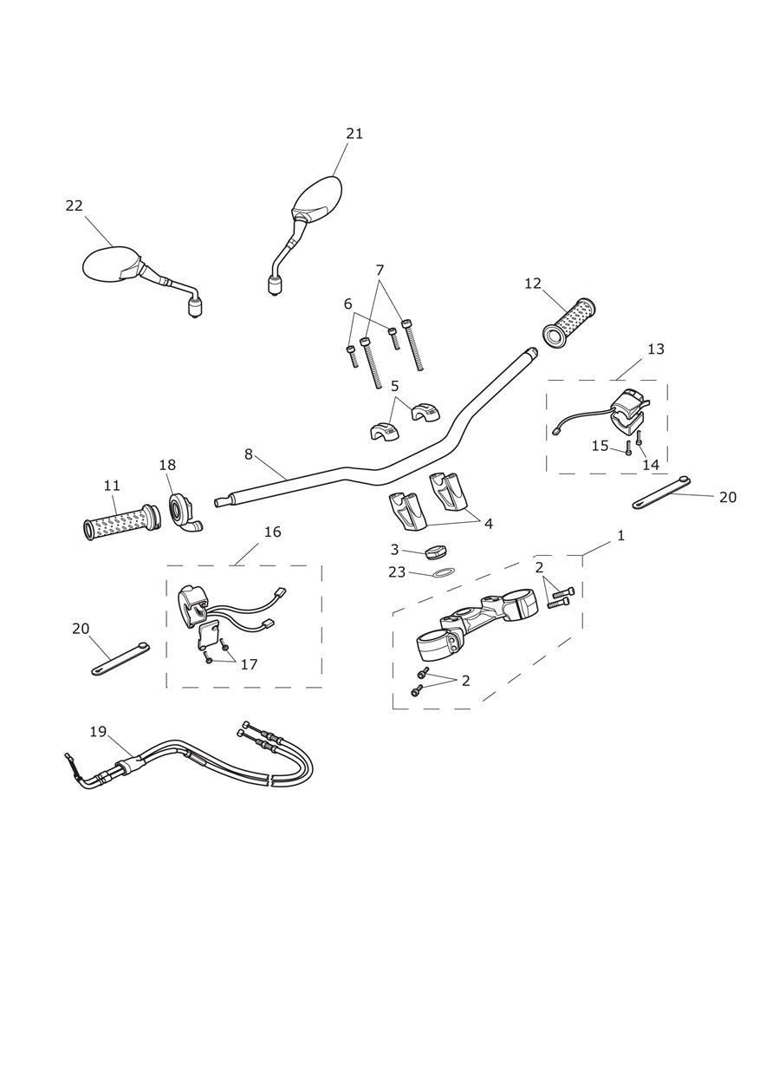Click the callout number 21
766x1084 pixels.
[354, 134]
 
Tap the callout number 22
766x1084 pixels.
[75, 206]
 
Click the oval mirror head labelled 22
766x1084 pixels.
[110, 264]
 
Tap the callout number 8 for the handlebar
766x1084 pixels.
[249, 454]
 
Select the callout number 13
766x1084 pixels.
[656, 349]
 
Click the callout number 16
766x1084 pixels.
[273, 532]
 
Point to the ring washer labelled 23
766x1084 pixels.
[444, 573]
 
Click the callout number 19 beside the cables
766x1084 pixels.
[98, 732]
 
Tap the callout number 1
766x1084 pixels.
[620, 536]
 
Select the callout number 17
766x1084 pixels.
[249, 664]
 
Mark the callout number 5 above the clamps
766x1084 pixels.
[394, 386]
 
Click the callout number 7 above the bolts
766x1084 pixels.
[380, 271]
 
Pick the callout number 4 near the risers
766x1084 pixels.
[489, 524]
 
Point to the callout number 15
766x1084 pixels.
[600, 446]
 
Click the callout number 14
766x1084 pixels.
[651, 465]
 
